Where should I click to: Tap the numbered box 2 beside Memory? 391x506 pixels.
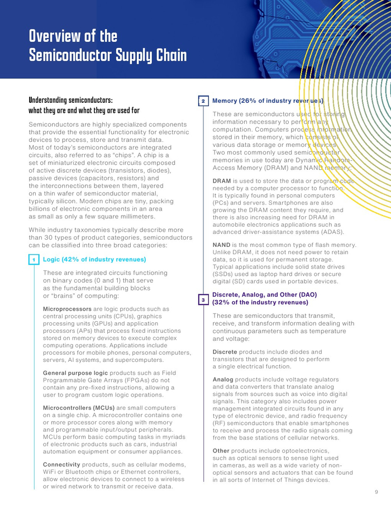203,101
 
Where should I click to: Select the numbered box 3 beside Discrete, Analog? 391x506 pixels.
203,300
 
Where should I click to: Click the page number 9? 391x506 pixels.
376,492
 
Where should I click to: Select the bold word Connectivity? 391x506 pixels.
63,465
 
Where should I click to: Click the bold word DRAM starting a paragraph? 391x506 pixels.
222,182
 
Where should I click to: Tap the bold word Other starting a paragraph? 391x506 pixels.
222,451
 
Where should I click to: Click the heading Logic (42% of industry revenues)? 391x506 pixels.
94,260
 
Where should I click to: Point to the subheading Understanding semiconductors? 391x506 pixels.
70,101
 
